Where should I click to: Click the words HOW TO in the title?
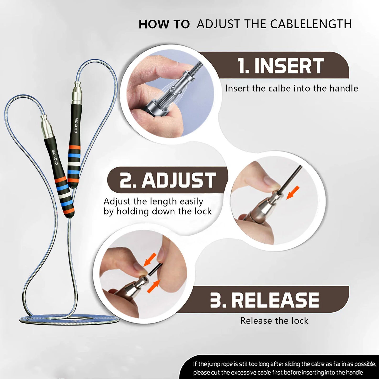tap(164, 24)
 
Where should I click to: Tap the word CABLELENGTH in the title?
tap(311, 24)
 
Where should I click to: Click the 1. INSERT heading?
tap(281, 66)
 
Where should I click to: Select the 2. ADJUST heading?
tap(168, 180)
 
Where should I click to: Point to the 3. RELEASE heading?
tap(264, 300)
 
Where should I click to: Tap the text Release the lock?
tap(274, 321)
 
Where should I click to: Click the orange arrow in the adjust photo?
tap(293, 192)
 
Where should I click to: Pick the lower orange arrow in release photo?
tap(153, 286)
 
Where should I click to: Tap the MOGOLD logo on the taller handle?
tap(76, 125)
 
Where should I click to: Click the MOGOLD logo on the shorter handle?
tap(55, 157)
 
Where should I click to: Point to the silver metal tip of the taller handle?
tap(77, 93)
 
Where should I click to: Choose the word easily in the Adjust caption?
tap(191, 201)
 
